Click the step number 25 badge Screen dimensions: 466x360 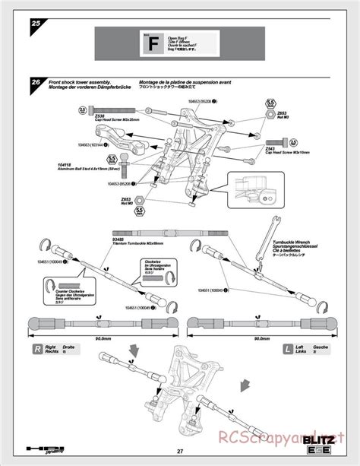pos(36,24)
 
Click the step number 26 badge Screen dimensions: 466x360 pos(36,83)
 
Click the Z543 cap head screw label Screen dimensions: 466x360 pos(270,148)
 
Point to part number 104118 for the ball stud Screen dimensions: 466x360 pos(67,163)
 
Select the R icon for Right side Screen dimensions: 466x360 pos(36,350)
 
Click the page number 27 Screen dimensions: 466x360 pos(179,453)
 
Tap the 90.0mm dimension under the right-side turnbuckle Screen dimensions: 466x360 pos(99,339)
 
